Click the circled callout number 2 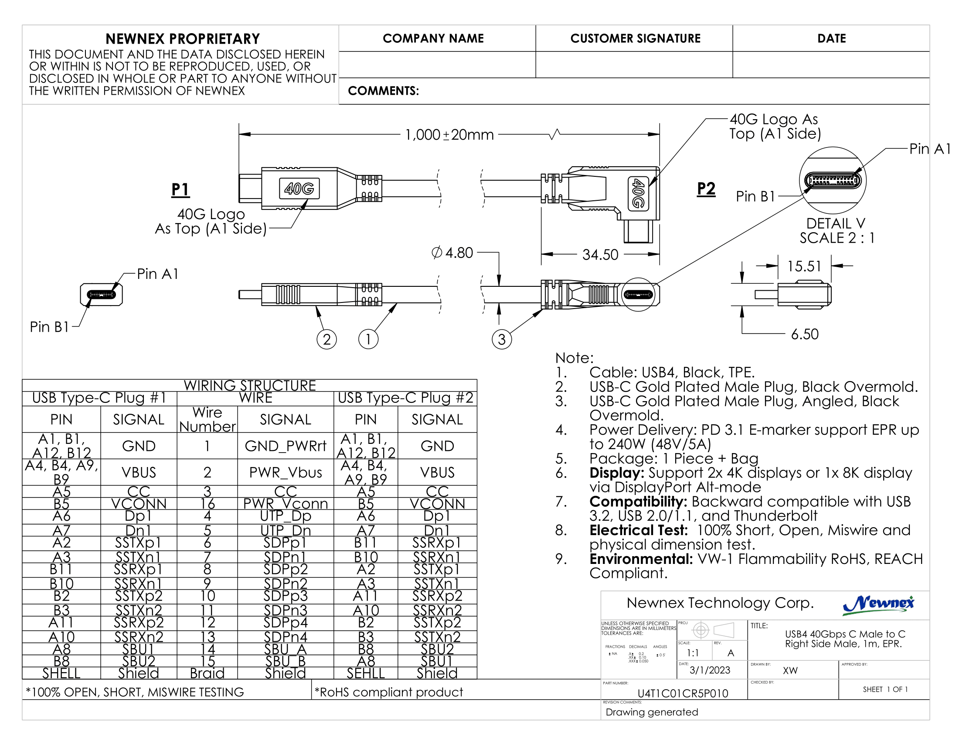coord(326,339)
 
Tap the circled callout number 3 coord(501,339)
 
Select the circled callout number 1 coord(368,339)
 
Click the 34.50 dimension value coord(600,254)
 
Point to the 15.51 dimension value coord(804,266)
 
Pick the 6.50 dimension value coord(804,334)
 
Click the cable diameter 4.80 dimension coord(453,253)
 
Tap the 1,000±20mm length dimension coord(449,134)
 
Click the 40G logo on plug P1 coord(299,189)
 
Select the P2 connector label coord(706,189)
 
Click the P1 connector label coord(180,189)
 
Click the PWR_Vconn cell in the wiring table coord(286,503)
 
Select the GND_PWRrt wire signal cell coord(286,446)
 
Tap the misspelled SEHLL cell coord(365,673)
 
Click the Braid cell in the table coord(207,673)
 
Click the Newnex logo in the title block coord(878,605)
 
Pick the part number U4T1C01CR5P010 coord(682,693)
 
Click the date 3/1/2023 coord(710,670)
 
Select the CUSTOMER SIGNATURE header coord(635,39)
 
